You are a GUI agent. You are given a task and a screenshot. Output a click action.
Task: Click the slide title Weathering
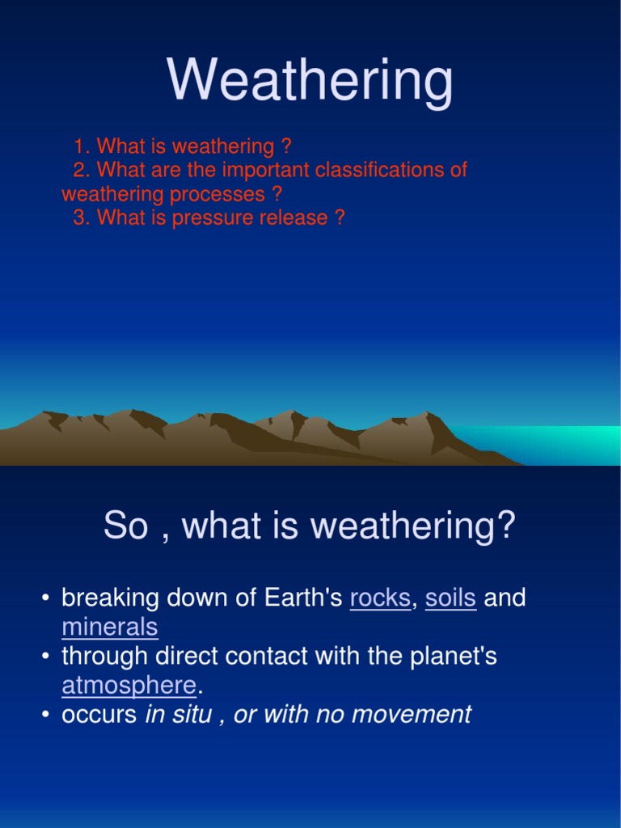coord(310,82)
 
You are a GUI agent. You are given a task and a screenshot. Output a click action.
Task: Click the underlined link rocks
coord(380,598)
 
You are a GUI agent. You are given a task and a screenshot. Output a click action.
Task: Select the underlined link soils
coord(450,598)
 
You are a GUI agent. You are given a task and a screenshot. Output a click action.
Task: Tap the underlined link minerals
coord(110,627)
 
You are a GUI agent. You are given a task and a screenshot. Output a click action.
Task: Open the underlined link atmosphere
coord(129,685)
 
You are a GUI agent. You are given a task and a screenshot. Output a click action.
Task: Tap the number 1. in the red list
coord(82,147)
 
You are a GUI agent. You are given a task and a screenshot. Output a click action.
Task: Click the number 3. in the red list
coord(82,218)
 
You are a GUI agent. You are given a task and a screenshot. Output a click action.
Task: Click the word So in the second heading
coord(126,526)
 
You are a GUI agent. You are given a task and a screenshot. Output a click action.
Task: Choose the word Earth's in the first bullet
coord(302,598)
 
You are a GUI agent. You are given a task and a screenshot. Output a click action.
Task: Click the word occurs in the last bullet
coord(99,715)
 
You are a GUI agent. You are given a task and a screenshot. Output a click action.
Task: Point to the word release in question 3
coord(289,218)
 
